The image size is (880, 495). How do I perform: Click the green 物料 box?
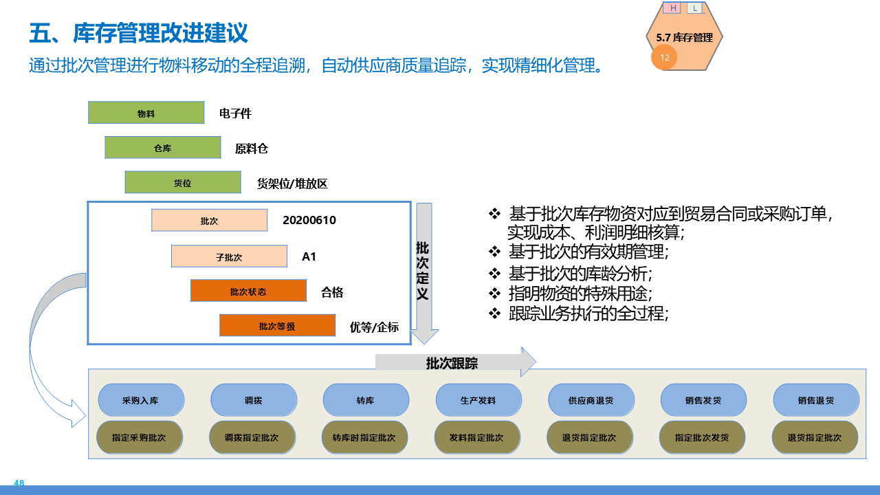[146, 113]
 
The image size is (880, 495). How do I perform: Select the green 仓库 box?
[163, 148]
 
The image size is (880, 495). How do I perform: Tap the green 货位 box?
[183, 182]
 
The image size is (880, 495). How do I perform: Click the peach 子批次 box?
[229, 256]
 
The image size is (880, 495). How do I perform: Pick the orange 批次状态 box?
[248, 291]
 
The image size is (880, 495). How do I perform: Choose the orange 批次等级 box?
[277, 325]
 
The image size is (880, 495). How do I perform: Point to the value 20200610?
[309, 220]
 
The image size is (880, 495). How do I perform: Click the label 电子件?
[235, 113]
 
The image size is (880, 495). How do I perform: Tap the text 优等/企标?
[374, 327]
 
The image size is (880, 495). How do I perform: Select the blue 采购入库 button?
[141, 400]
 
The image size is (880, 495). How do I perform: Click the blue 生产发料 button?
[478, 400]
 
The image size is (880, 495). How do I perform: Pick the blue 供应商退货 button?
[591, 400]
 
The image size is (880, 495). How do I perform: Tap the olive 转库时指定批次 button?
[364, 437]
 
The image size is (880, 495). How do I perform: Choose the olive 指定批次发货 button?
[702, 437]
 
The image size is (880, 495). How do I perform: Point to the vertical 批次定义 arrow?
[423, 272]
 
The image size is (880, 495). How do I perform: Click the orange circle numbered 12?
[665, 58]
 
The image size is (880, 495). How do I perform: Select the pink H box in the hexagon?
[673, 8]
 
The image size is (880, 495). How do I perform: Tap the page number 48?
[19, 483]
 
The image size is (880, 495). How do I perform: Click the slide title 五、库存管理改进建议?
[139, 33]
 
